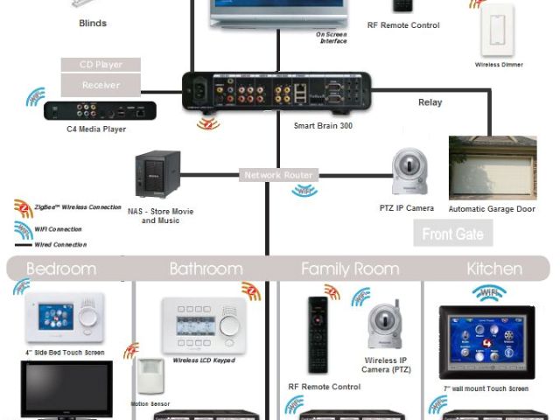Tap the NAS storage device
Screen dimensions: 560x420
coord(157,175)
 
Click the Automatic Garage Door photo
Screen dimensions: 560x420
coord(492,168)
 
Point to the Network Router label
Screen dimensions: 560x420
coord(277,175)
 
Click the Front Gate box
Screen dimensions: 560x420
coord(452,234)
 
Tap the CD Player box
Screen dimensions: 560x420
coord(101,65)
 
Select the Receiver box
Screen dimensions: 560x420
coord(101,85)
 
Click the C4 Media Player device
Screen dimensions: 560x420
coord(100,110)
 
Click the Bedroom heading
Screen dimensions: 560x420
coord(61,269)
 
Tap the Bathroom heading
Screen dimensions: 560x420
coord(206,269)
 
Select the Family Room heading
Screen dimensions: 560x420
coord(350,269)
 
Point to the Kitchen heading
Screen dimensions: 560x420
coord(494,269)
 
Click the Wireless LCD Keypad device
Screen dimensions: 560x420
coord(203,325)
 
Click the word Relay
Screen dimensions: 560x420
coord(430,102)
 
